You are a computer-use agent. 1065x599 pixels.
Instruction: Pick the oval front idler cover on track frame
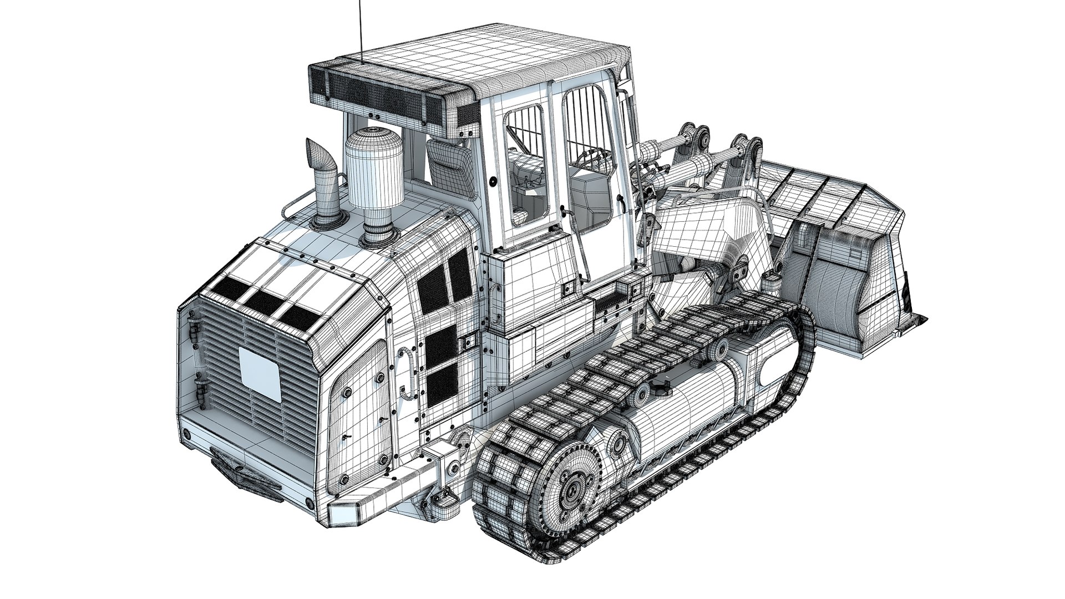point(774,370)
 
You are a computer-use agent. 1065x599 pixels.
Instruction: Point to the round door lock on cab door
point(492,180)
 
